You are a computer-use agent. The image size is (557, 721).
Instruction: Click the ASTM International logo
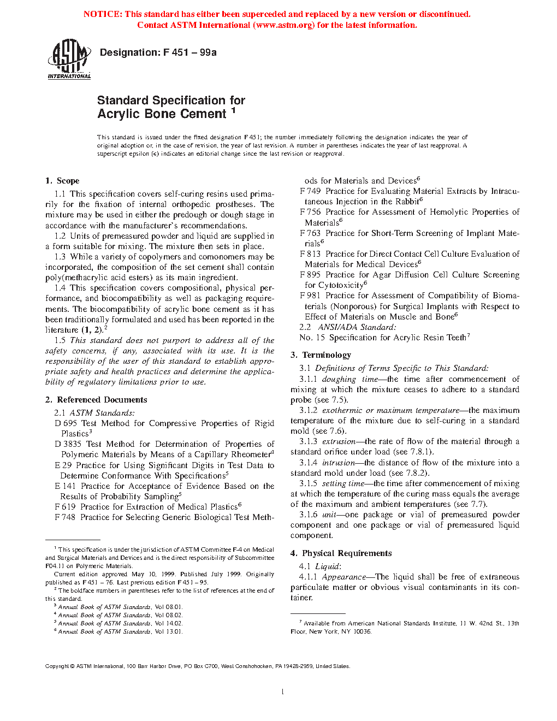tap(69, 59)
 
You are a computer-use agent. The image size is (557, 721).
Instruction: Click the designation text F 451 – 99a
tap(189, 52)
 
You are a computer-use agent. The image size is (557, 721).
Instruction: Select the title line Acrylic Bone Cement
tap(162, 114)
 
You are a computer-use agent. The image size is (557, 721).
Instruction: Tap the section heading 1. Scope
tap(62, 181)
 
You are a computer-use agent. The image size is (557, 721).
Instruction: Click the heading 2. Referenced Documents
tap(96, 400)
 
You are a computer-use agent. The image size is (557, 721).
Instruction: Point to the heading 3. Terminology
tap(321, 355)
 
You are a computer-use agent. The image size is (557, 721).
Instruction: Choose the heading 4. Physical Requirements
tap(341, 553)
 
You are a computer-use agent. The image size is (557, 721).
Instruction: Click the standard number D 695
tap(66, 423)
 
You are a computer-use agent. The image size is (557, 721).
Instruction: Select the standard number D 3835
tap(68, 444)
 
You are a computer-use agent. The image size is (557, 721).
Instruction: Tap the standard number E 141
tap(65, 486)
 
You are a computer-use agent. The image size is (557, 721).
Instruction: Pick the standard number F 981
tap(310, 296)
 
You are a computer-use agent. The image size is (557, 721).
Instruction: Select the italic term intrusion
tap(339, 463)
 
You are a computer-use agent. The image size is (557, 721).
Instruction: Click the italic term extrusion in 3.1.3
tap(339, 441)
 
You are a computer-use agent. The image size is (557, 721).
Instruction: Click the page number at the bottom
tap(282, 692)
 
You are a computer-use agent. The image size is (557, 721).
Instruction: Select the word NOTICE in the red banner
tap(103, 14)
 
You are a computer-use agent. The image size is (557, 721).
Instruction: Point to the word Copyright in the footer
tap(57, 666)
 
